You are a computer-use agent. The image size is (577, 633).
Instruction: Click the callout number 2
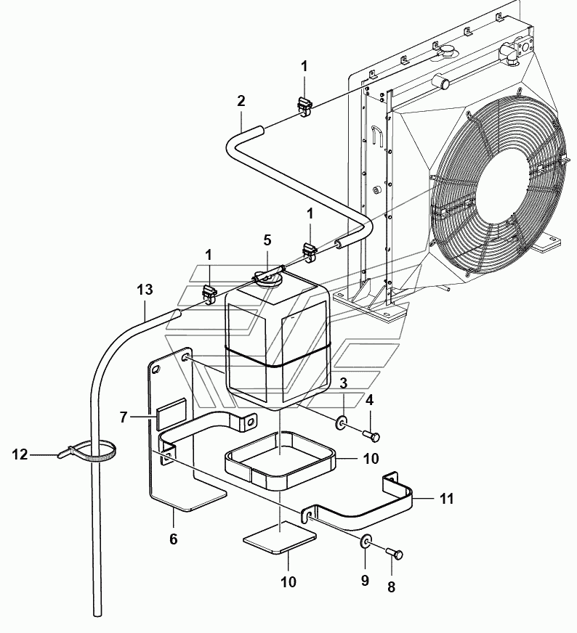(x=241, y=101)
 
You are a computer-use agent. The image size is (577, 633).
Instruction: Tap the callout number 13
(x=145, y=290)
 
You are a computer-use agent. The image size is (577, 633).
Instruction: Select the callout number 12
(x=20, y=454)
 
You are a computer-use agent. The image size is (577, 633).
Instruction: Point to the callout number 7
(x=124, y=417)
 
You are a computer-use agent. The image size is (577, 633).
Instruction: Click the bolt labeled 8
(x=394, y=555)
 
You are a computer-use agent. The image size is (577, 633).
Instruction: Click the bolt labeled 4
(x=371, y=436)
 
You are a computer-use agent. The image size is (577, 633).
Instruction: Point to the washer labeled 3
(x=341, y=422)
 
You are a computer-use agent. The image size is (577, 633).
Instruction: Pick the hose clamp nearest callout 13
(x=209, y=294)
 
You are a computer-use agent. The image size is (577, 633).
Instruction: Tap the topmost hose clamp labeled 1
(x=304, y=107)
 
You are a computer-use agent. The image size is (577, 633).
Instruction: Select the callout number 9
(x=365, y=581)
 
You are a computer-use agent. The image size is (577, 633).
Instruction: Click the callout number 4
(x=369, y=400)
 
